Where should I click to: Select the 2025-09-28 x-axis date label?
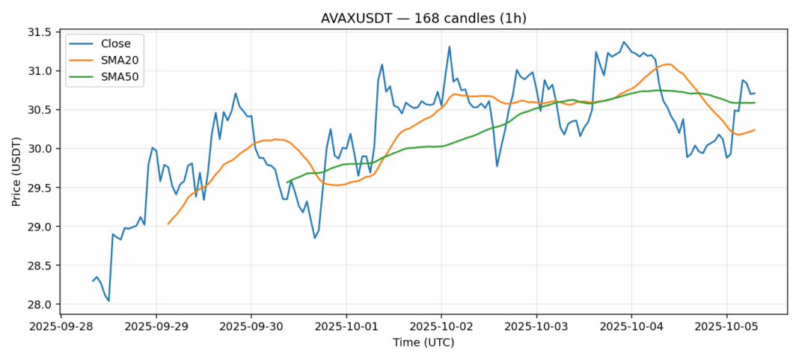(x=61, y=327)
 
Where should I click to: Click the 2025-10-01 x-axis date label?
(x=346, y=327)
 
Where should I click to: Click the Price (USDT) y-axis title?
(x=16, y=168)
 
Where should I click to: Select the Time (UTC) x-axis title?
(x=423, y=343)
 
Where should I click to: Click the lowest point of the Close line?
(x=109, y=301)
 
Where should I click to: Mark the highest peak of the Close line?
(x=623, y=42)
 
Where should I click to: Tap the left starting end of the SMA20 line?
(x=168, y=224)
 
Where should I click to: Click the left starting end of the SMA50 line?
(x=287, y=182)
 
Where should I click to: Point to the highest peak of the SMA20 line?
(x=667, y=64)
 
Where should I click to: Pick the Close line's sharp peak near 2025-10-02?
(x=449, y=47)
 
